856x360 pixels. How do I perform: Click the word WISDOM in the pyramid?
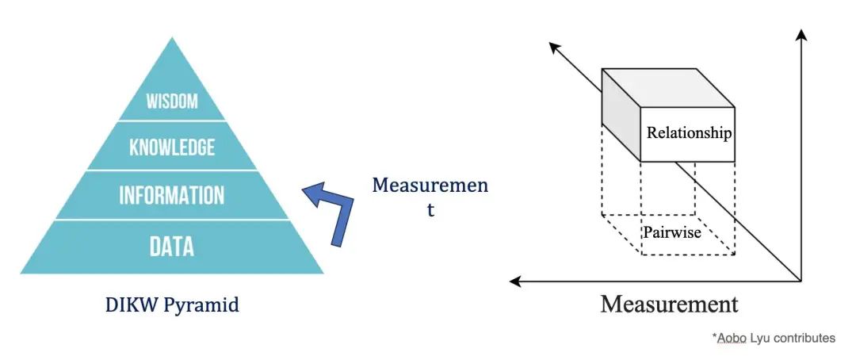[x=172, y=101]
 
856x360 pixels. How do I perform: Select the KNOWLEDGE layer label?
[x=172, y=147]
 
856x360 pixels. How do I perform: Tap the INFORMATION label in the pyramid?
[x=172, y=195]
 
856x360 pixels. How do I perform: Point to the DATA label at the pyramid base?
[x=172, y=247]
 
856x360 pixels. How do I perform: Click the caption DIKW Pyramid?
[x=172, y=305]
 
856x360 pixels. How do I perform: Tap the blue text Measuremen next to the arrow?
[x=430, y=186]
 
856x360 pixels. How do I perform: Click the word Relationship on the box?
[x=689, y=133]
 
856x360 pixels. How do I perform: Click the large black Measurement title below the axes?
[x=669, y=304]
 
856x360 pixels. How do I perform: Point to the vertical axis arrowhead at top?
[x=801, y=34]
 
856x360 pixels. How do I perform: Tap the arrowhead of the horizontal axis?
[x=515, y=281]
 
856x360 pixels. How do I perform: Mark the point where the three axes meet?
[x=801, y=281]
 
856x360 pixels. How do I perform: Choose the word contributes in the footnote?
[x=803, y=339]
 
